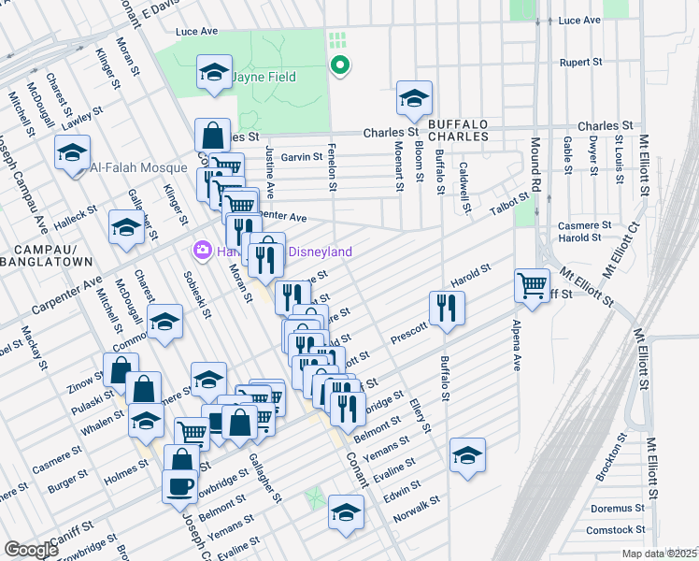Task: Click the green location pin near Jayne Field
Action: (341, 65)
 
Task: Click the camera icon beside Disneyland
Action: (201, 252)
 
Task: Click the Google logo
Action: (31, 550)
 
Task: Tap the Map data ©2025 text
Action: (659, 554)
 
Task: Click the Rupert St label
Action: (578, 63)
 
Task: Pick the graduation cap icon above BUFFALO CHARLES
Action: (414, 97)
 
